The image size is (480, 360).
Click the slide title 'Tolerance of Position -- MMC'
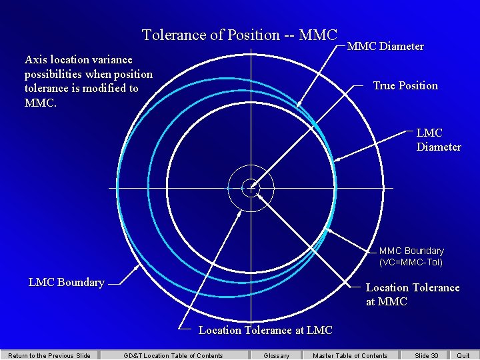(240, 35)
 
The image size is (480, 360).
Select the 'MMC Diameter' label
(385, 46)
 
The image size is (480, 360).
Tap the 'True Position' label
(405, 85)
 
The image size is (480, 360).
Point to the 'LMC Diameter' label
(439, 140)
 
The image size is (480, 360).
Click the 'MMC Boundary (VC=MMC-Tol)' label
(411, 257)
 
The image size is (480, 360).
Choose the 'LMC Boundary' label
(67, 282)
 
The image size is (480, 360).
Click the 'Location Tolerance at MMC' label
(413, 295)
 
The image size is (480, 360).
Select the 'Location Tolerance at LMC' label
(265, 330)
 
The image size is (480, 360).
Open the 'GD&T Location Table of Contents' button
(173, 355)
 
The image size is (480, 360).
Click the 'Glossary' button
(277, 355)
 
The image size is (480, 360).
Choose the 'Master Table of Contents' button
(350, 355)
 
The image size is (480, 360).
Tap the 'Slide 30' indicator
(427, 355)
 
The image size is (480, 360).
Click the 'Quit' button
(463, 355)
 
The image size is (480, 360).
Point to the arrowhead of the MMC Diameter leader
(298, 107)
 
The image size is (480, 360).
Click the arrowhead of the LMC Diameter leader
(335, 160)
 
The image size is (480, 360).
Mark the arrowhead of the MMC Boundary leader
(326, 231)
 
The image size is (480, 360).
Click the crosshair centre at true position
(251, 187)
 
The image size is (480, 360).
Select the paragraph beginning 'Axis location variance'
(89, 81)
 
